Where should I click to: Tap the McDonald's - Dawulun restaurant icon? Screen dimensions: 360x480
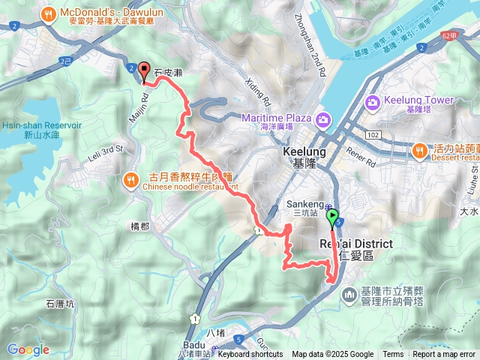pyautogui.click(x=49, y=13)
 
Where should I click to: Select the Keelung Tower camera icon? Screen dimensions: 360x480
pyautogui.click(x=373, y=101)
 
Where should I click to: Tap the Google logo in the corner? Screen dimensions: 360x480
pyautogui.click(x=28, y=349)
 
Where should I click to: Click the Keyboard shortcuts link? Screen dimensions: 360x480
pyautogui.click(x=250, y=355)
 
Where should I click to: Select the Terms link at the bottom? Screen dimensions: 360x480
pyautogui.click(x=393, y=355)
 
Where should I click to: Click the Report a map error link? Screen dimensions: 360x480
pyautogui.click(x=444, y=355)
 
